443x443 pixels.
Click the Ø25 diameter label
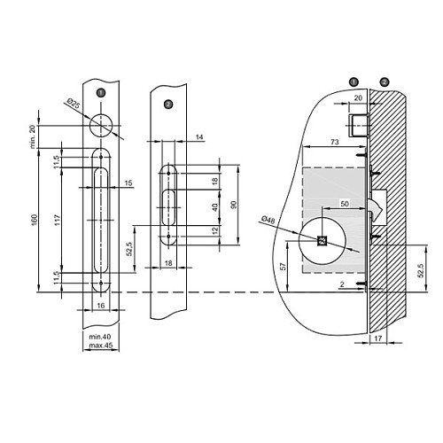pos(74,105)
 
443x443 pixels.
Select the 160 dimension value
pos(35,221)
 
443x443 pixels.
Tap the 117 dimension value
pos(58,220)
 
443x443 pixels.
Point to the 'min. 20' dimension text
pos(33,136)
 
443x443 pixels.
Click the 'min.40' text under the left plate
pos(100,337)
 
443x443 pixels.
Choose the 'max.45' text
pos(101,346)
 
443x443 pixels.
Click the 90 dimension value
pos(234,205)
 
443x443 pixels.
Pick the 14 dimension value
pos(199,137)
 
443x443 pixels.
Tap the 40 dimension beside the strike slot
pos(215,207)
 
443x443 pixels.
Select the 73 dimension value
pos(335,142)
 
